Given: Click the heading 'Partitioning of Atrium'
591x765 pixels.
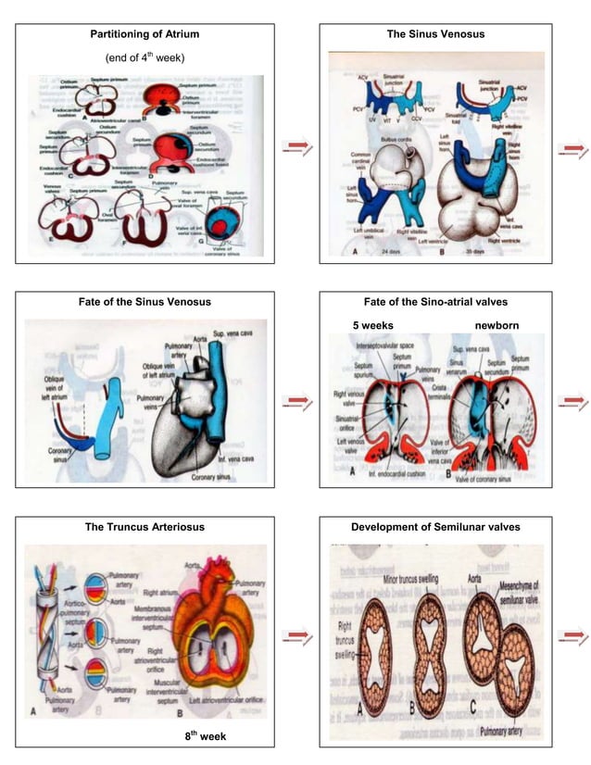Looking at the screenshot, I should pyautogui.click(x=145, y=34).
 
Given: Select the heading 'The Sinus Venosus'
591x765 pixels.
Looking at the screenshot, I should pyautogui.click(x=435, y=34).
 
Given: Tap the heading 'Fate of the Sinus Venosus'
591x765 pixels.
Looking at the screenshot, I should pyautogui.click(x=145, y=302).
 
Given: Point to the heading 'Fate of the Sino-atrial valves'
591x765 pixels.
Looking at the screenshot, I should pyautogui.click(x=435, y=302).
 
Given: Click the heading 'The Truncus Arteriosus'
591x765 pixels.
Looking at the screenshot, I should pyautogui.click(x=145, y=527).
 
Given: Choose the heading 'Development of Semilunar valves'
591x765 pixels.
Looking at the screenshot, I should pyautogui.click(x=435, y=527).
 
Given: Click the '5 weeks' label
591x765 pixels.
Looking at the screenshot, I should pyautogui.click(x=373, y=326).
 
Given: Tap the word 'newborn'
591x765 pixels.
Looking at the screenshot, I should pyautogui.click(x=497, y=326).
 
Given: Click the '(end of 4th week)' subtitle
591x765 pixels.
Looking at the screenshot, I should pyautogui.click(x=145, y=58).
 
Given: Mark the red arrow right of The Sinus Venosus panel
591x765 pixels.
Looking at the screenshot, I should pyautogui.click(x=574, y=146).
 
